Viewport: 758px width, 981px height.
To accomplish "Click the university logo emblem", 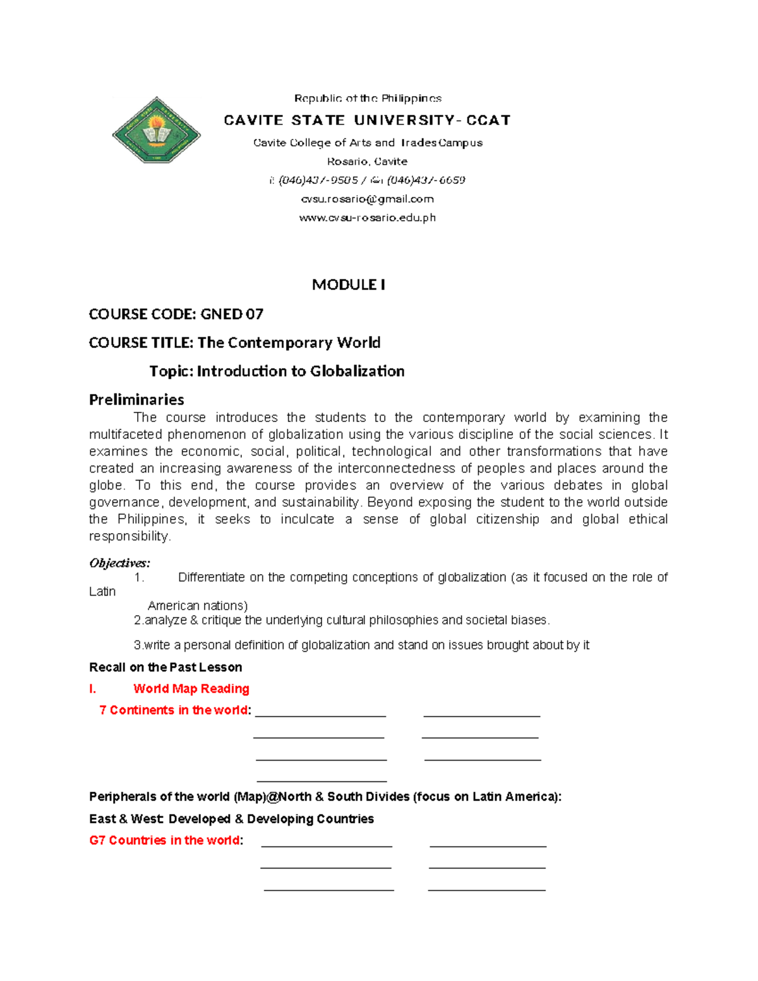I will coord(156,130).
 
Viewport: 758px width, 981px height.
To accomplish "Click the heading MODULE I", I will coord(349,285).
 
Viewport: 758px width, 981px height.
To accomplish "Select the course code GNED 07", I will coord(231,314).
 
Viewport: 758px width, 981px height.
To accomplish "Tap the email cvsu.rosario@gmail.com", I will coord(367,199).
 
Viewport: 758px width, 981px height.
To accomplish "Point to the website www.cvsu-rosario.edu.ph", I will coord(367,218).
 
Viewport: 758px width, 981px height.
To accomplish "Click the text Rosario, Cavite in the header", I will coord(367,162).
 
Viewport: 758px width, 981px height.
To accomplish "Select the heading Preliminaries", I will coord(136,399).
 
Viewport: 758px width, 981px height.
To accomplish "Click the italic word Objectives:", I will coord(119,563).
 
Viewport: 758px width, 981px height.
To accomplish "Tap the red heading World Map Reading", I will coord(191,689).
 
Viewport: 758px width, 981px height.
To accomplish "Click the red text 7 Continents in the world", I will coord(174,710).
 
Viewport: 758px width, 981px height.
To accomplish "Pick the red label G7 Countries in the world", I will coord(164,840).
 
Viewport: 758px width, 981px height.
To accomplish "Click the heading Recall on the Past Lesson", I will coord(165,667).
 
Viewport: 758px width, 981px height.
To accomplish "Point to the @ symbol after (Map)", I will coord(273,797).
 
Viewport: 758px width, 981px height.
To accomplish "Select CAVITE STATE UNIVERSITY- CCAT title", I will coord(367,120).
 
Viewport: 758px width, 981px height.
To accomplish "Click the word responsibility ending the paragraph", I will coord(129,536).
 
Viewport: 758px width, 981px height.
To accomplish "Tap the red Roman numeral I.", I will coord(93,689).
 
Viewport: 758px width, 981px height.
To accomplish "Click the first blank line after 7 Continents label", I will coord(320,714).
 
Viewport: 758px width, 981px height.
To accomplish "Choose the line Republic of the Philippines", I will coord(368,99).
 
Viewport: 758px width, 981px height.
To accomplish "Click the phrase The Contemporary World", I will coord(289,342).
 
